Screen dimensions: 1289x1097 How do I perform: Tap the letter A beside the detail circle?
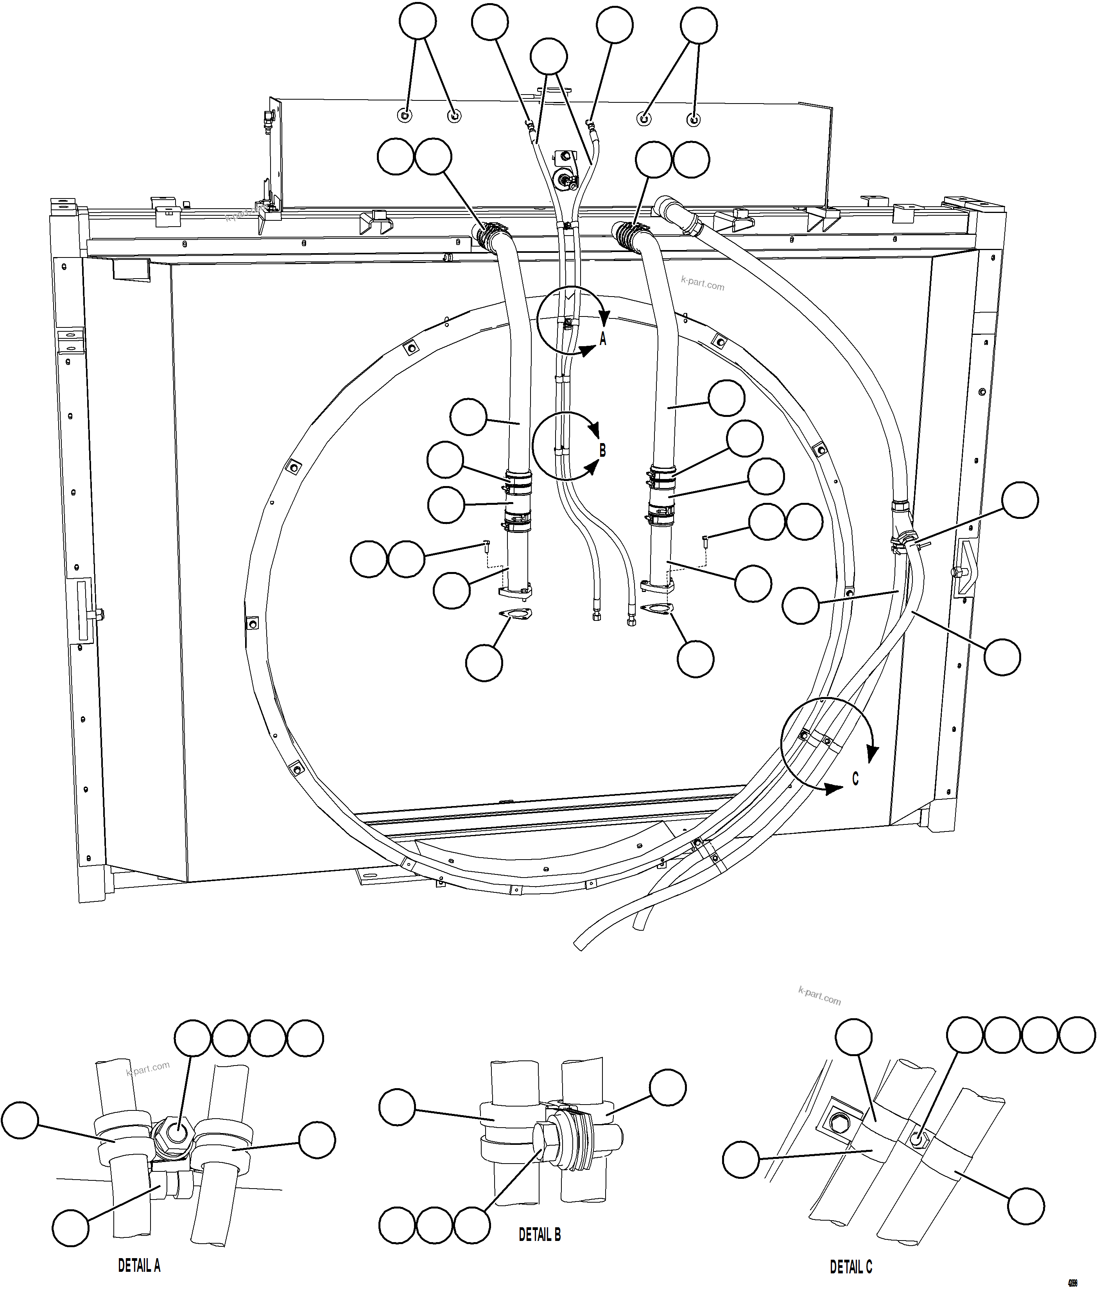pos(602,339)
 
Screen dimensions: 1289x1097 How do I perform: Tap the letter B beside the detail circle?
pos(602,450)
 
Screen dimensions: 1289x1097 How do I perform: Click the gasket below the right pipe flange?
pos(657,608)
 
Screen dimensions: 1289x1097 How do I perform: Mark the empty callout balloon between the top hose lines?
pos(548,57)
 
